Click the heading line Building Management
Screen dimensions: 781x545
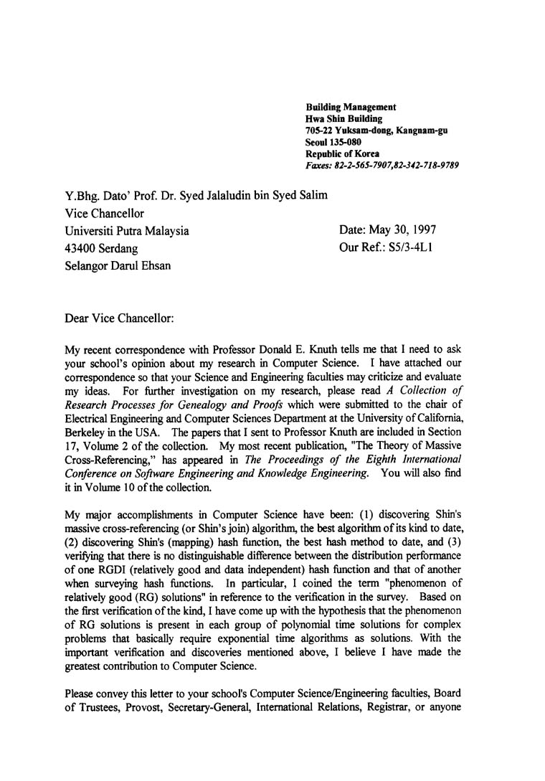coord(351,107)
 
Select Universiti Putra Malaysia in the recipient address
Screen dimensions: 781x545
coord(127,231)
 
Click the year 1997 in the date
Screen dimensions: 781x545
coord(421,230)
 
